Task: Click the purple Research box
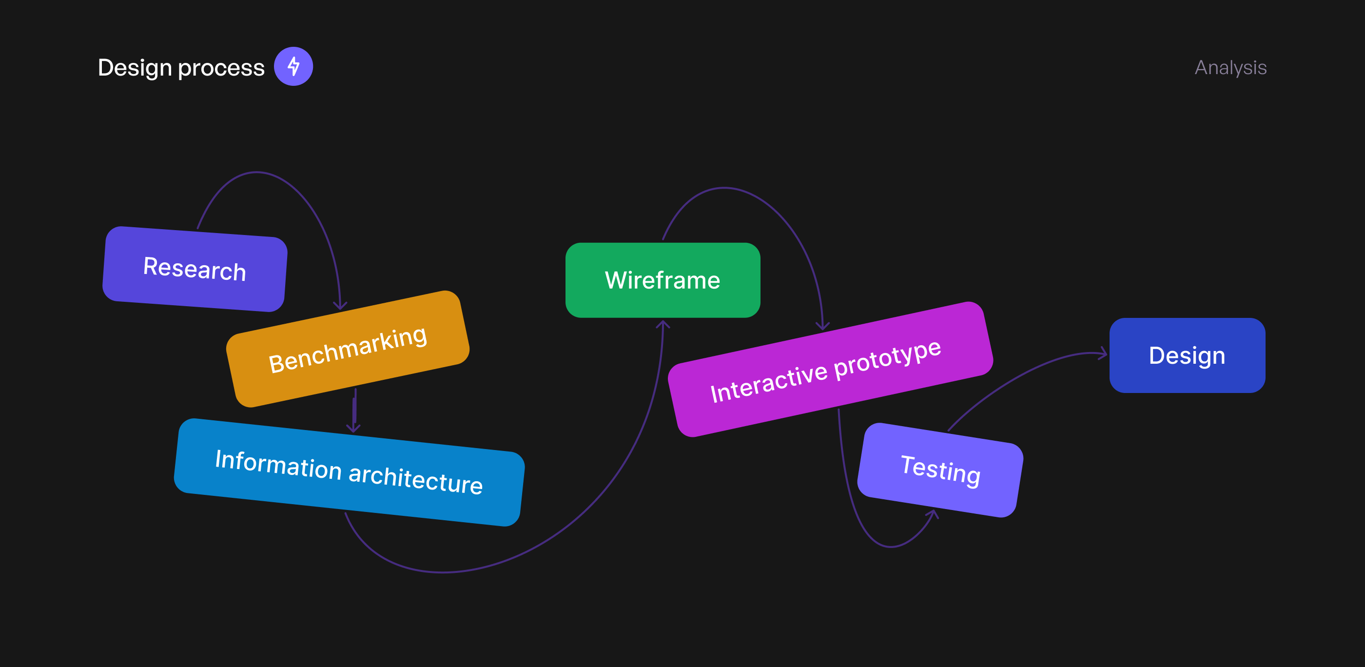195,269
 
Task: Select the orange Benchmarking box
348,349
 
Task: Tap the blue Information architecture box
349,472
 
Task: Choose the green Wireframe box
663,280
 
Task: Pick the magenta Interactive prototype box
830,369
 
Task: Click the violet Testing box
940,470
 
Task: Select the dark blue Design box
1187,355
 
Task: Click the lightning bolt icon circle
293,67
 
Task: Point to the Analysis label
1230,68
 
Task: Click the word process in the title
221,68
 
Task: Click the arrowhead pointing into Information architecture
353,429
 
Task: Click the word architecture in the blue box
415,479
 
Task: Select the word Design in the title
135,68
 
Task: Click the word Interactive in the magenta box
768,383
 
